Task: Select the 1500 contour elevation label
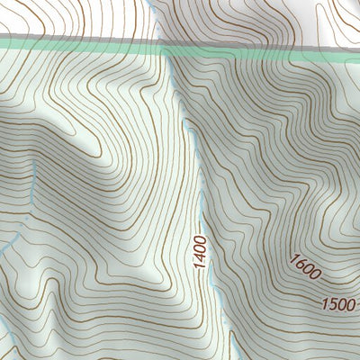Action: pyautogui.click(x=338, y=303)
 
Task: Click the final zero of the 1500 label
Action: pyautogui.click(x=350, y=303)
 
